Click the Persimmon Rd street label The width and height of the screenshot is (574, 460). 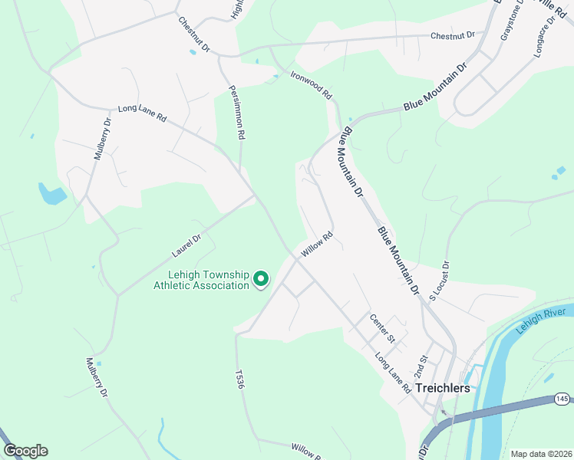tap(236, 112)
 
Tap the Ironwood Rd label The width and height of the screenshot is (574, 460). tap(311, 85)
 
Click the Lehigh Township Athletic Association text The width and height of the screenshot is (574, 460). tap(202, 280)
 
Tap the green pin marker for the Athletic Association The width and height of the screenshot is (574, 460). tap(261, 279)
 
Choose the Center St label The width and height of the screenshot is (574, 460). tap(381, 328)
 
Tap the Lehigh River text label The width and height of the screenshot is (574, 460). tap(540, 320)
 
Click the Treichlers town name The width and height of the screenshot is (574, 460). tap(442, 388)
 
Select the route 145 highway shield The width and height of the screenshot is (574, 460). tap(562, 399)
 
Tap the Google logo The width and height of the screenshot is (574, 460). tap(25, 451)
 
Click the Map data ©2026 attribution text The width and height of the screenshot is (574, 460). tap(540, 454)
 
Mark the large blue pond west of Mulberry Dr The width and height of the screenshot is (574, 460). tap(52, 195)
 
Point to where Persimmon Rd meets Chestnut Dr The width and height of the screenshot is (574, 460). tap(220, 56)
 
